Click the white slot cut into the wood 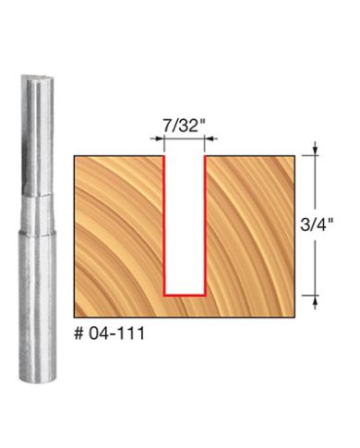click(184, 222)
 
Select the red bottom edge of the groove click(184, 292)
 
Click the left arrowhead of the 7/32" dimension click(159, 140)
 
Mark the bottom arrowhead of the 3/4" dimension click(316, 299)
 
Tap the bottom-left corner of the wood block click(73, 308)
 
